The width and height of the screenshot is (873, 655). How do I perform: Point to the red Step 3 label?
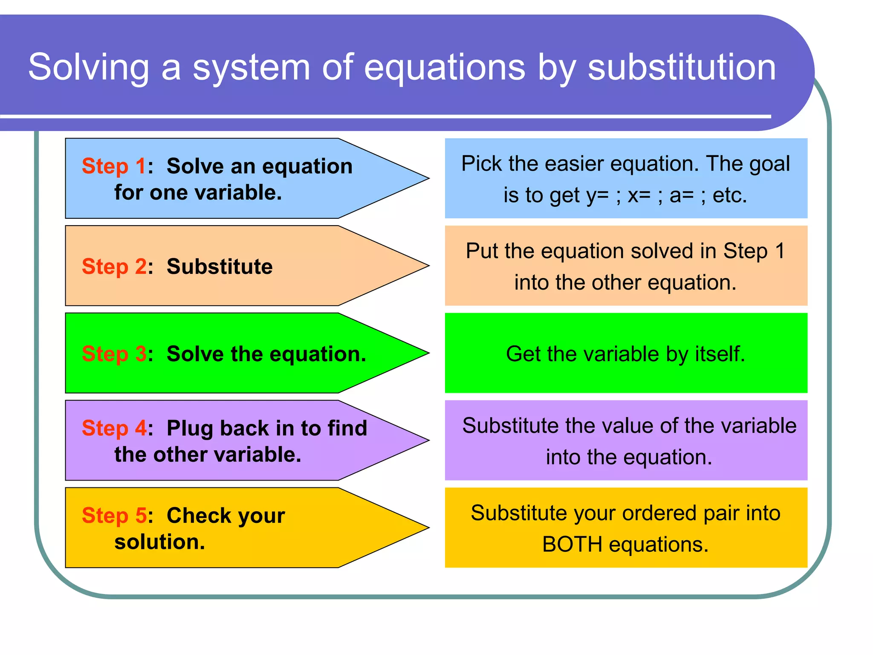114,354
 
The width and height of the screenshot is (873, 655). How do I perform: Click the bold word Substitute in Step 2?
219,267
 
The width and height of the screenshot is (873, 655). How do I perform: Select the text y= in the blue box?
597,195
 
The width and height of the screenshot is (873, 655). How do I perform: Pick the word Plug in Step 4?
190,429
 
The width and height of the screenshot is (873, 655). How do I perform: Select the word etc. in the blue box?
730,195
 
